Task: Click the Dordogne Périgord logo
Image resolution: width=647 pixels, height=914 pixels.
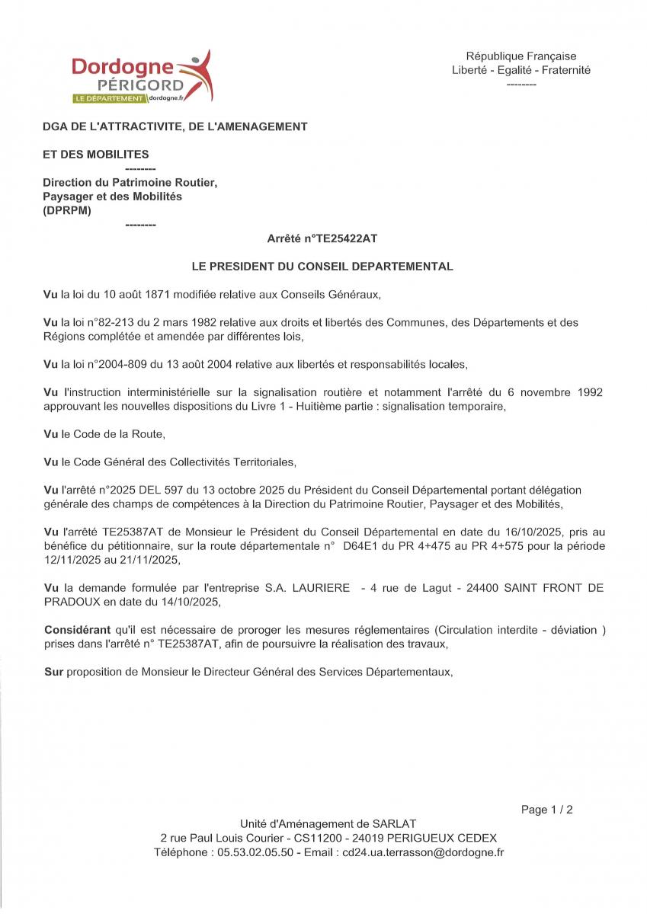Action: (x=142, y=78)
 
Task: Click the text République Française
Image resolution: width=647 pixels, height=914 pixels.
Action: (x=521, y=56)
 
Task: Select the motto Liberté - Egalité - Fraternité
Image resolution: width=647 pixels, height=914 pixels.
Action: (x=521, y=70)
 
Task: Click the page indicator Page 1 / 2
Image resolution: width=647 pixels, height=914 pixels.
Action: (x=546, y=810)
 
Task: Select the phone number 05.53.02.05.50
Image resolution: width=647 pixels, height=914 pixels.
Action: (x=255, y=852)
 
